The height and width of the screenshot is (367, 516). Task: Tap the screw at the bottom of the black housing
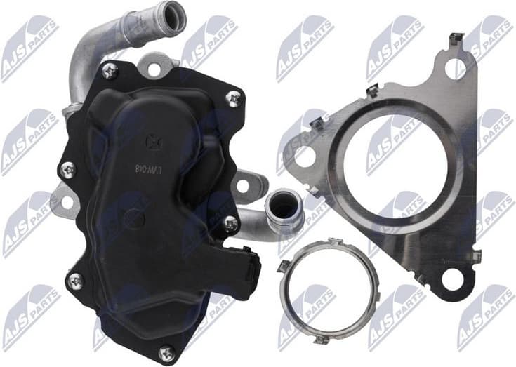pyautogui.click(x=166, y=353)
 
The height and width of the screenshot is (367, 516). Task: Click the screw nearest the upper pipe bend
pyautogui.click(x=109, y=70)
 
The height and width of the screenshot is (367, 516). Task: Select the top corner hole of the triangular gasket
pyautogui.click(x=460, y=66)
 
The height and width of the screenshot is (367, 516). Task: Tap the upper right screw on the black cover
pyautogui.click(x=233, y=99)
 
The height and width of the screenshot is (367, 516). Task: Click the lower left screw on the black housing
pyautogui.click(x=75, y=281)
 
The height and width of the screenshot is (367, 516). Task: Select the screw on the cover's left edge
pyautogui.click(x=68, y=169)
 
